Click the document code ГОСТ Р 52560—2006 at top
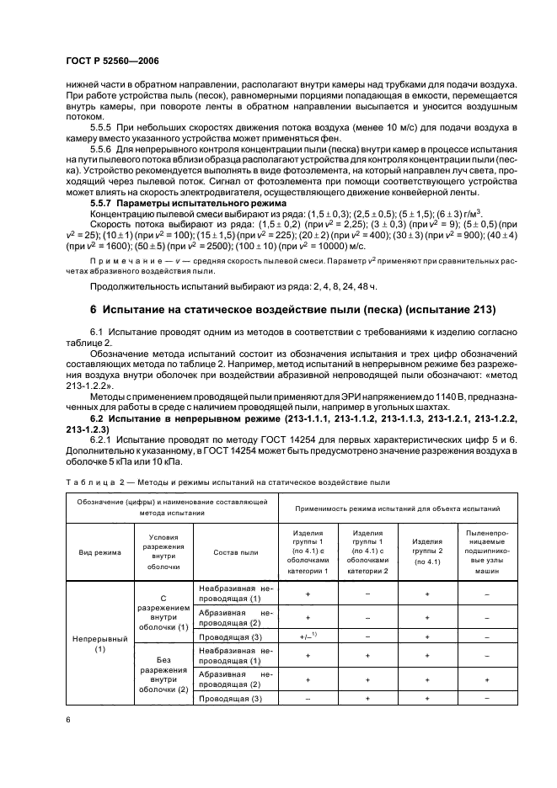point(112,61)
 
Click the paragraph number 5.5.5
point(105,125)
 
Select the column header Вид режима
point(100,552)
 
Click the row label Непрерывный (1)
point(100,644)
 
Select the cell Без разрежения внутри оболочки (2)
point(164,676)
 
